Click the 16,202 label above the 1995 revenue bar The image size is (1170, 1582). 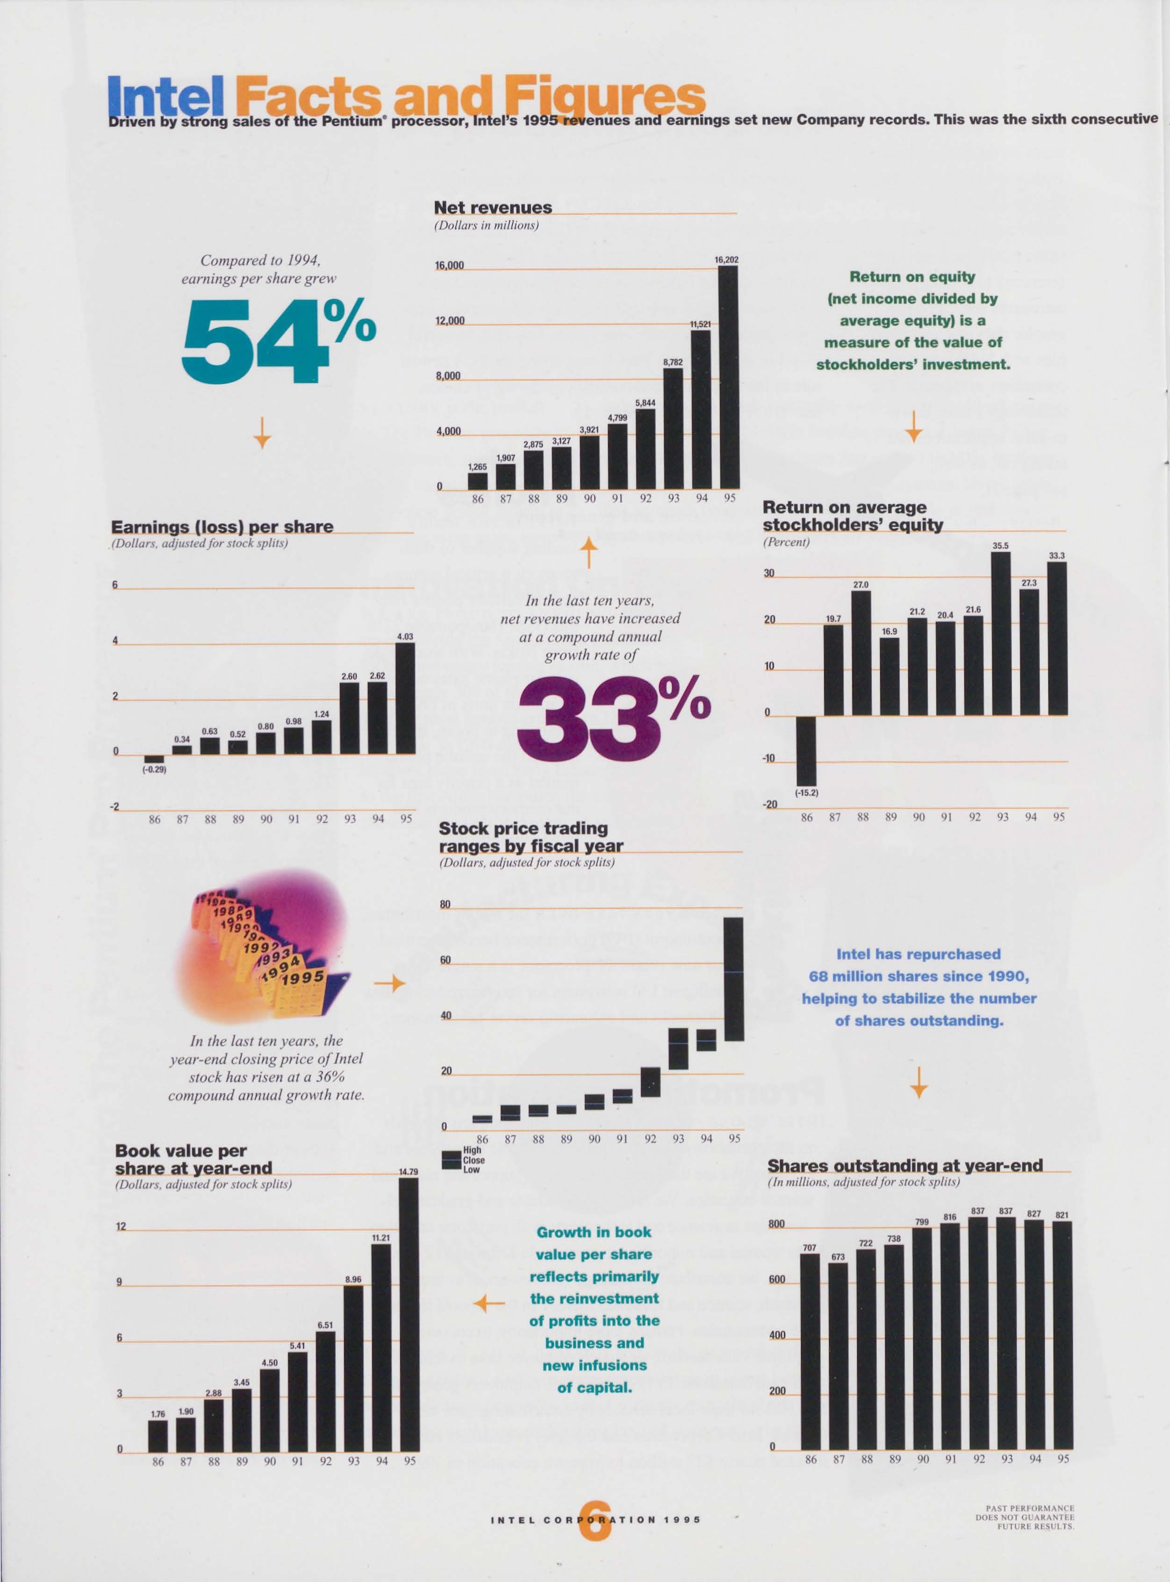(x=727, y=260)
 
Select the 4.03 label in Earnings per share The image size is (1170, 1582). (x=405, y=637)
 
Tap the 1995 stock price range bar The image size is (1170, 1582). (x=734, y=979)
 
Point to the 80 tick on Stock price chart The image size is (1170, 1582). (x=445, y=904)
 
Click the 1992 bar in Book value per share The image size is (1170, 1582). (x=326, y=1390)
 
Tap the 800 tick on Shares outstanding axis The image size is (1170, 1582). (x=776, y=1224)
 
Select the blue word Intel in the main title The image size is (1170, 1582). (x=165, y=98)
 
